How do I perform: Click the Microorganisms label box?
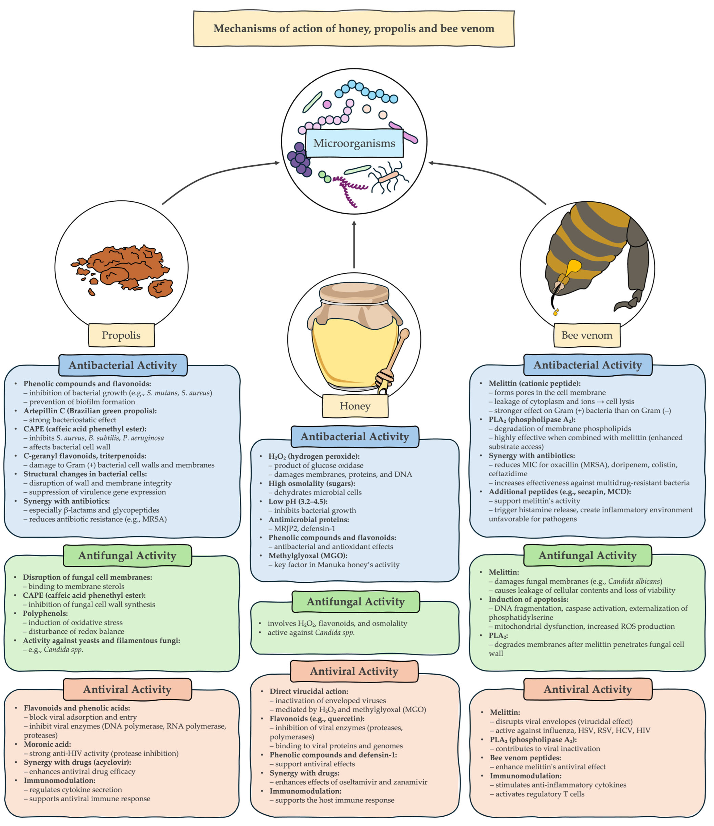tap(354, 143)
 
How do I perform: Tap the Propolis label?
tap(121, 335)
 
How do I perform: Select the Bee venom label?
tap(586, 335)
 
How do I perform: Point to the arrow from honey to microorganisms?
tap(354, 245)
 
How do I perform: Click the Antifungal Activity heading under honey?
tap(355, 602)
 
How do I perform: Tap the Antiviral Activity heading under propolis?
tap(127, 689)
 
